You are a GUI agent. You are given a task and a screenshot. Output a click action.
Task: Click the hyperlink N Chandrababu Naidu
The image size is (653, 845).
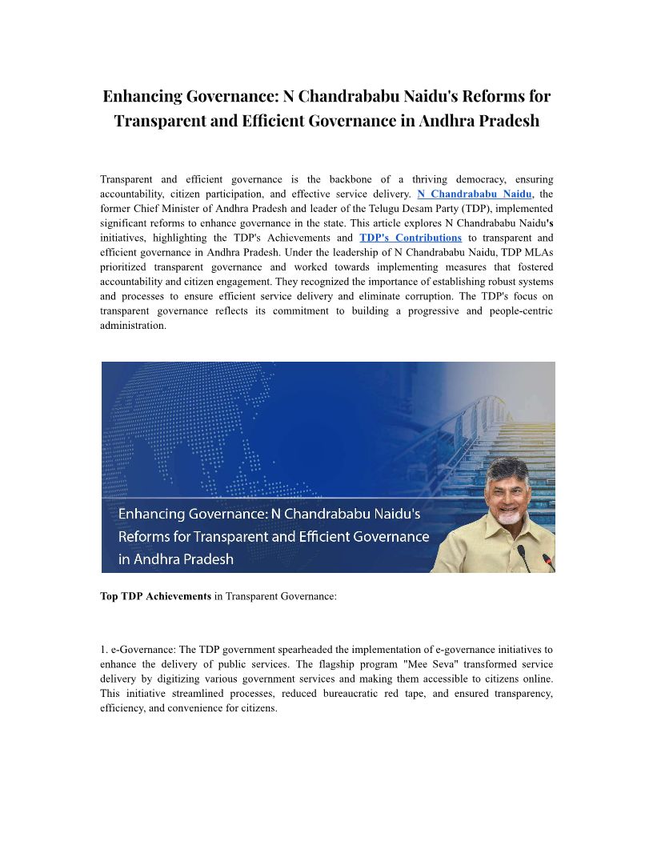(x=475, y=194)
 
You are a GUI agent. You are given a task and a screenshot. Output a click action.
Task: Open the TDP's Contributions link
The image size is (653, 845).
(x=411, y=238)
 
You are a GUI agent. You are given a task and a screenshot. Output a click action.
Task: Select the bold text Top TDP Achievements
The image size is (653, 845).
(x=155, y=596)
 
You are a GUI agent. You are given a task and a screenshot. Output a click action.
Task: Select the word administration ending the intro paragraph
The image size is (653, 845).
(x=133, y=326)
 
